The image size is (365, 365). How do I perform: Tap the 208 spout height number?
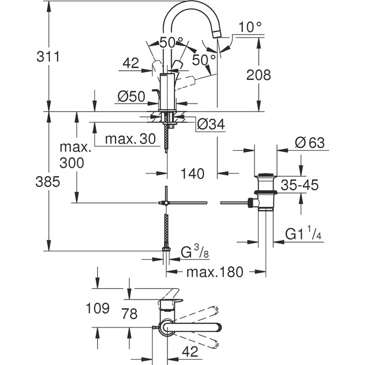[x=258, y=75]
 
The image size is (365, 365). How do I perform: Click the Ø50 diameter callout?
[x=131, y=97]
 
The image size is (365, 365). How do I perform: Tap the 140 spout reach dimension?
[x=192, y=173]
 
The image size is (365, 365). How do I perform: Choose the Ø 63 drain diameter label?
[x=310, y=143]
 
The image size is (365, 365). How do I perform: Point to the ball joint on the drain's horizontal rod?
[x=250, y=203]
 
